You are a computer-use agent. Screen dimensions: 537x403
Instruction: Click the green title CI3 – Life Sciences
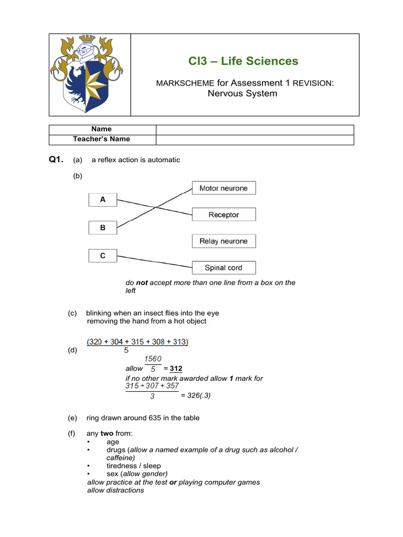[243, 61]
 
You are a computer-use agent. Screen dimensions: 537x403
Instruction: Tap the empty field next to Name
[254, 130]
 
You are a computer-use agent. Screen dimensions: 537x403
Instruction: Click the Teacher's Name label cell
[102, 139]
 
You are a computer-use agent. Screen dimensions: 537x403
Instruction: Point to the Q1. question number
[56, 160]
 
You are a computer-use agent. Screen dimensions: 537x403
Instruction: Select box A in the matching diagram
[103, 200]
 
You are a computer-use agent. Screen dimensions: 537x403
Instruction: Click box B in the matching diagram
[103, 228]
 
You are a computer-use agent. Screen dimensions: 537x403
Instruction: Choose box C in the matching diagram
[103, 256]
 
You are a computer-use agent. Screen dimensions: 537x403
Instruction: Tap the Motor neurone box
[224, 188]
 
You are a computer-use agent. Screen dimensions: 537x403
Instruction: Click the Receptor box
[224, 214]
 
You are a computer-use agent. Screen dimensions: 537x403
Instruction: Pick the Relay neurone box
[224, 241]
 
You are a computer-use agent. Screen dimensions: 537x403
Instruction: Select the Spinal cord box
[224, 267]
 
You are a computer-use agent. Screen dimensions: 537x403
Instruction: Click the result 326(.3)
[196, 396]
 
